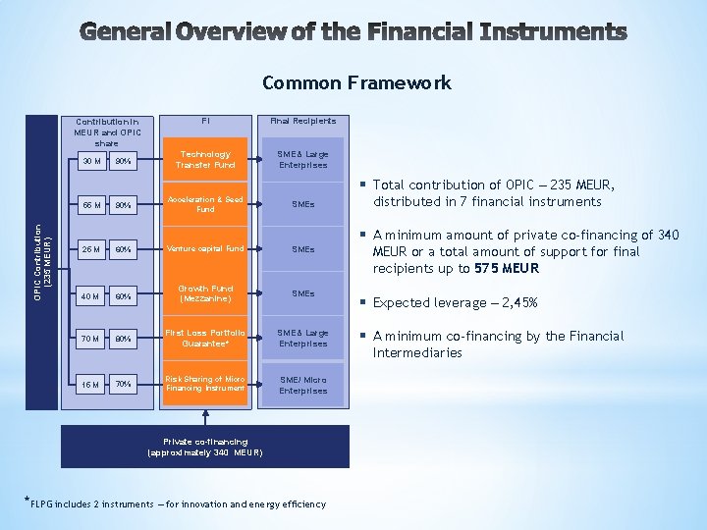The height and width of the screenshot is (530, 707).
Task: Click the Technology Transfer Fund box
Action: point(205,159)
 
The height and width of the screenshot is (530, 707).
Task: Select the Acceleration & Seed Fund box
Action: point(205,204)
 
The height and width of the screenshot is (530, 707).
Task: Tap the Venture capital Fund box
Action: point(205,248)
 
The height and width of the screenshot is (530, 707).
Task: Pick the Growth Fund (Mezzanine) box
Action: point(205,293)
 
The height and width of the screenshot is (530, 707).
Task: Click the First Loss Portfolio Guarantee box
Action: point(205,339)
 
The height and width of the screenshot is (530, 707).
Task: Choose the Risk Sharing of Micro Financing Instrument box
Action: point(205,384)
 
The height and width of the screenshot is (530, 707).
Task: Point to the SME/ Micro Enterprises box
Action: point(302,385)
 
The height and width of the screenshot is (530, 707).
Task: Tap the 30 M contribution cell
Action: point(91,160)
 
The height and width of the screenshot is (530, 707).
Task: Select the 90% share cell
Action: point(123,160)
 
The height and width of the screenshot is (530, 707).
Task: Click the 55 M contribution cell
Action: point(91,205)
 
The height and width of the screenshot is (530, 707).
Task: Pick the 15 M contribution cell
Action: point(91,385)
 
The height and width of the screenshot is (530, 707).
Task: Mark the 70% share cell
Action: point(123,385)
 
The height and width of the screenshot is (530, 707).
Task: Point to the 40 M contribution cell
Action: point(91,294)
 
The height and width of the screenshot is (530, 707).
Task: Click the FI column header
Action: point(205,121)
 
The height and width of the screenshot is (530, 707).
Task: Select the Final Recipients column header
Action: point(302,121)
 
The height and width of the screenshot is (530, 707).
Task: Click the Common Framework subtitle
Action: point(356,83)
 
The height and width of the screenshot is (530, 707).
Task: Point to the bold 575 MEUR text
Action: point(507,268)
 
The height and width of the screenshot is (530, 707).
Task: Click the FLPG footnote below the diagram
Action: point(175,503)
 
